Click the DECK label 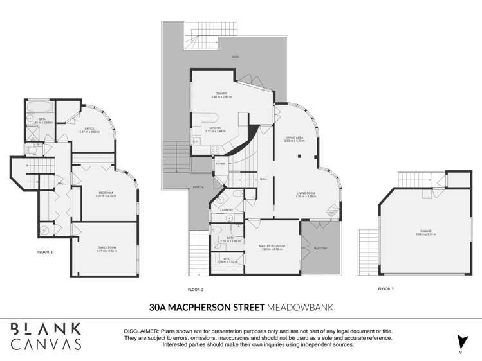click(x=236, y=57)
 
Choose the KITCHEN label click(x=216, y=128)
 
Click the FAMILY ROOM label click(x=104, y=248)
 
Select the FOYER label click(x=220, y=164)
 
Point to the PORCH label click(x=198, y=188)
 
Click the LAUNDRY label click(x=225, y=210)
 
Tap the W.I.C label click(x=223, y=260)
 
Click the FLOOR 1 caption click(x=45, y=252)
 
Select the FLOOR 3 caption click(x=386, y=289)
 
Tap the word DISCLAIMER click(x=140, y=331)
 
